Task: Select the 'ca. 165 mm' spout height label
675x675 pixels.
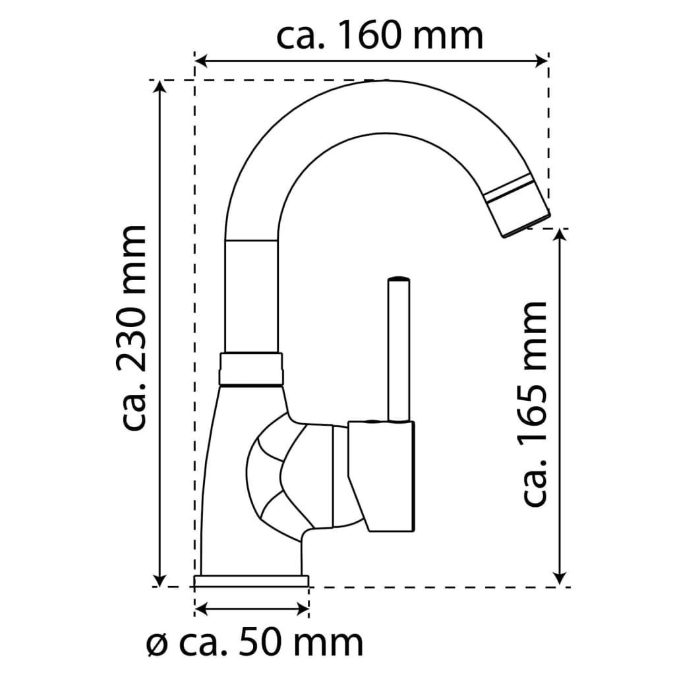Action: coord(535,403)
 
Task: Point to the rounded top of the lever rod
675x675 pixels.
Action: coord(399,281)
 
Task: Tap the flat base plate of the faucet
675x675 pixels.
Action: coord(251,581)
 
